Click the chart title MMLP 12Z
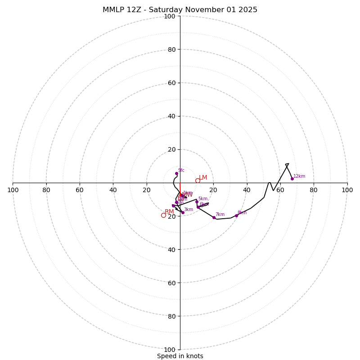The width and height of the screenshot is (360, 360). point(180,10)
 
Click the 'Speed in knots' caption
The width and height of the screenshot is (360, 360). point(180,356)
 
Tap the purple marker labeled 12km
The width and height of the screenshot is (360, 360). point(292,179)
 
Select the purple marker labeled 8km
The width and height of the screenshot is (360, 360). point(236,216)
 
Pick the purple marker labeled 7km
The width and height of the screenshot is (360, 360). point(214,217)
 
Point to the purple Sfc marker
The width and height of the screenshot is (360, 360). point(176,173)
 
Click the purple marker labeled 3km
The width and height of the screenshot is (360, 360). point(183,212)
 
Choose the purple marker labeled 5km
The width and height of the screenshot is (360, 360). point(197,202)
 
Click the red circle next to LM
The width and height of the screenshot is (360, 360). point(198,180)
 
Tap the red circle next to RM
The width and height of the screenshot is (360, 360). point(163,215)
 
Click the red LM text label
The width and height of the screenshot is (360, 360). point(203,178)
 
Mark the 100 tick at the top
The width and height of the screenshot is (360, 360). point(170,16)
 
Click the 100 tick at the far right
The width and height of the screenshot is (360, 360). point(347,190)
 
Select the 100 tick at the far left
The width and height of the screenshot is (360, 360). point(13,190)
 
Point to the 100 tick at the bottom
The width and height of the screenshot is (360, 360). point(170,349)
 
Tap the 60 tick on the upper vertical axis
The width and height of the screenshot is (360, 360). point(171,83)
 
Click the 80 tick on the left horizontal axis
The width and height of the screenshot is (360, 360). point(46,190)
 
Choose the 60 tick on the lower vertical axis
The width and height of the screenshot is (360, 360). point(171,283)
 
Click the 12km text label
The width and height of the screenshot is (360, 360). point(299,176)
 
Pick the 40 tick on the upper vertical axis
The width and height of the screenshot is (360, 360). point(171,116)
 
